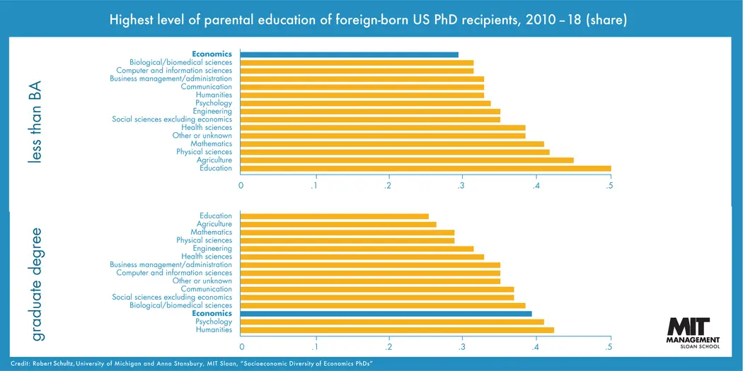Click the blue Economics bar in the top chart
click(x=349, y=54)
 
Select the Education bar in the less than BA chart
click(x=425, y=168)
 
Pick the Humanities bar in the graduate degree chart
click(x=397, y=330)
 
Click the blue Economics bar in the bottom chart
click(x=386, y=314)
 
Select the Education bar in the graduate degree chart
click(x=334, y=216)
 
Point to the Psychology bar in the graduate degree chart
click(x=392, y=322)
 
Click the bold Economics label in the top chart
click(x=212, y=54)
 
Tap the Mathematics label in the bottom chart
click(x=211, y=232)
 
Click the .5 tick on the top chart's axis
click(x=609, y=186)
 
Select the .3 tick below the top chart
click(x=461, y=186)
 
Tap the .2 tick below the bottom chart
click(x=388, y=347)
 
